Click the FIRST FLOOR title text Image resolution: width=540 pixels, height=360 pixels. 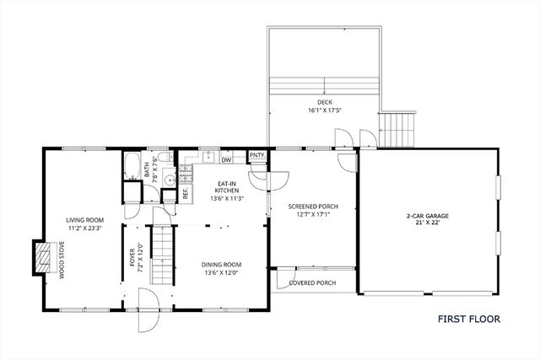tap(468, 320)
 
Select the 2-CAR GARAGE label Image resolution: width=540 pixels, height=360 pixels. tap(427, 216)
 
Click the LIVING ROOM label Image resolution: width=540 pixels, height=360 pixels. tap(84, 221)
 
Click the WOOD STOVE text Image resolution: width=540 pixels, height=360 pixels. tap(61, 259)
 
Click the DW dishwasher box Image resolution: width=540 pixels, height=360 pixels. tap(226, 159)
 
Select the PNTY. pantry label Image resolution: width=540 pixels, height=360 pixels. tap(257, 155)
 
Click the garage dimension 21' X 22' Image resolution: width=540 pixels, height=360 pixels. tap(427, 223)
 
